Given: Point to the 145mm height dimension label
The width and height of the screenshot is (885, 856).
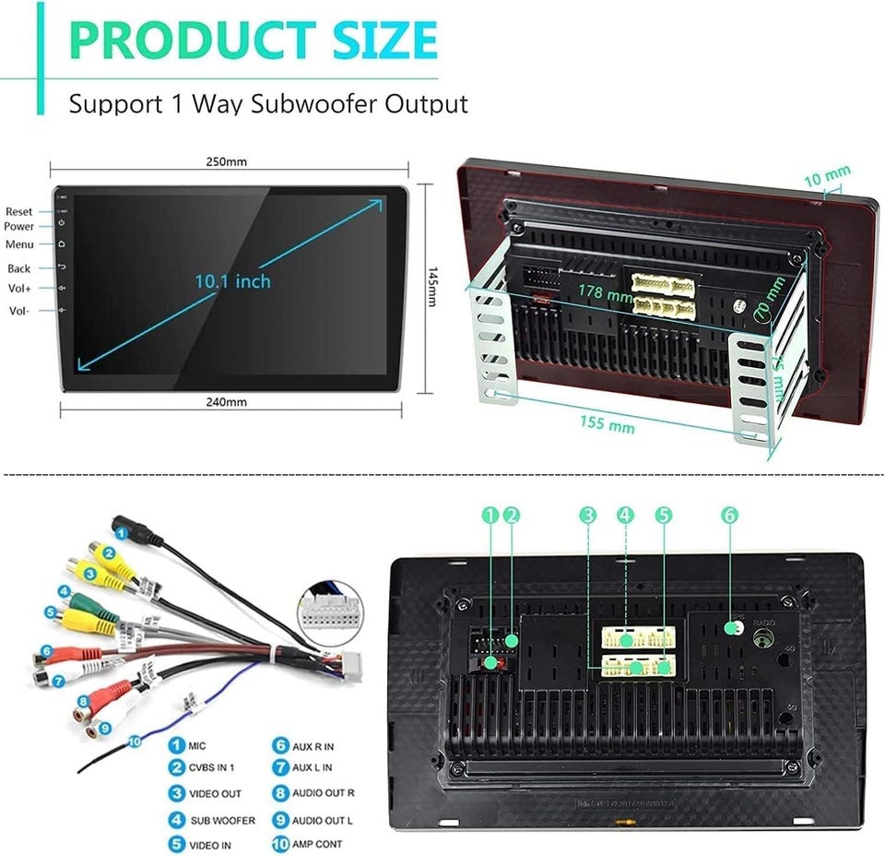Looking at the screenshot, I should pos(434,289).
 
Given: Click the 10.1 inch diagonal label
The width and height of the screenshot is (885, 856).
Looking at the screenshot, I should pos(232,280).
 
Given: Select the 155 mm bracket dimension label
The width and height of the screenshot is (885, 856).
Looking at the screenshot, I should pos(608,425).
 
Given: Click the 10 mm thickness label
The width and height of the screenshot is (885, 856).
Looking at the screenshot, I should pos(826,173).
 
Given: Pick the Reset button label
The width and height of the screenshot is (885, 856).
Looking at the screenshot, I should pos(18,212).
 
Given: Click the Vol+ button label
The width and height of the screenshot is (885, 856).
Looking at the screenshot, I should pos(20,289).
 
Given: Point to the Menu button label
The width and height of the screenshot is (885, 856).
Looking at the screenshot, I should pos(19,244).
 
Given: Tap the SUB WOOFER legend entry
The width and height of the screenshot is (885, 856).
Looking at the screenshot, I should pos(222,819).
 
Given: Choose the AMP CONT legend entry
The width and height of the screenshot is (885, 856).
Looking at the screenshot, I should pos(317,844).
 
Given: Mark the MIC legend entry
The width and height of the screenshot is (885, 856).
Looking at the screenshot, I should pos(197,745).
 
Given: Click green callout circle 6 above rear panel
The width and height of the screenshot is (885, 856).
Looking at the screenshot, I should pos(729,517).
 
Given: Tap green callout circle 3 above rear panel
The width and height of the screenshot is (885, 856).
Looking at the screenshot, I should pos(588,517).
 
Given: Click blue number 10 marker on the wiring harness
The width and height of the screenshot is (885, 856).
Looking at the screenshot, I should pos(136,740).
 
